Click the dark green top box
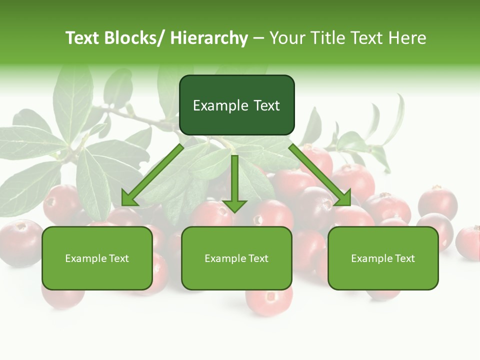236,105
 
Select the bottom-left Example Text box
97,258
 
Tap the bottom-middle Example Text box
236,258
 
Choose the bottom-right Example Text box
383,258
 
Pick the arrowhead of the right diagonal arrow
344,199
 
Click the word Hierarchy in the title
209,38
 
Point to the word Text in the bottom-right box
404,258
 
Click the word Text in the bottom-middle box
257,258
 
